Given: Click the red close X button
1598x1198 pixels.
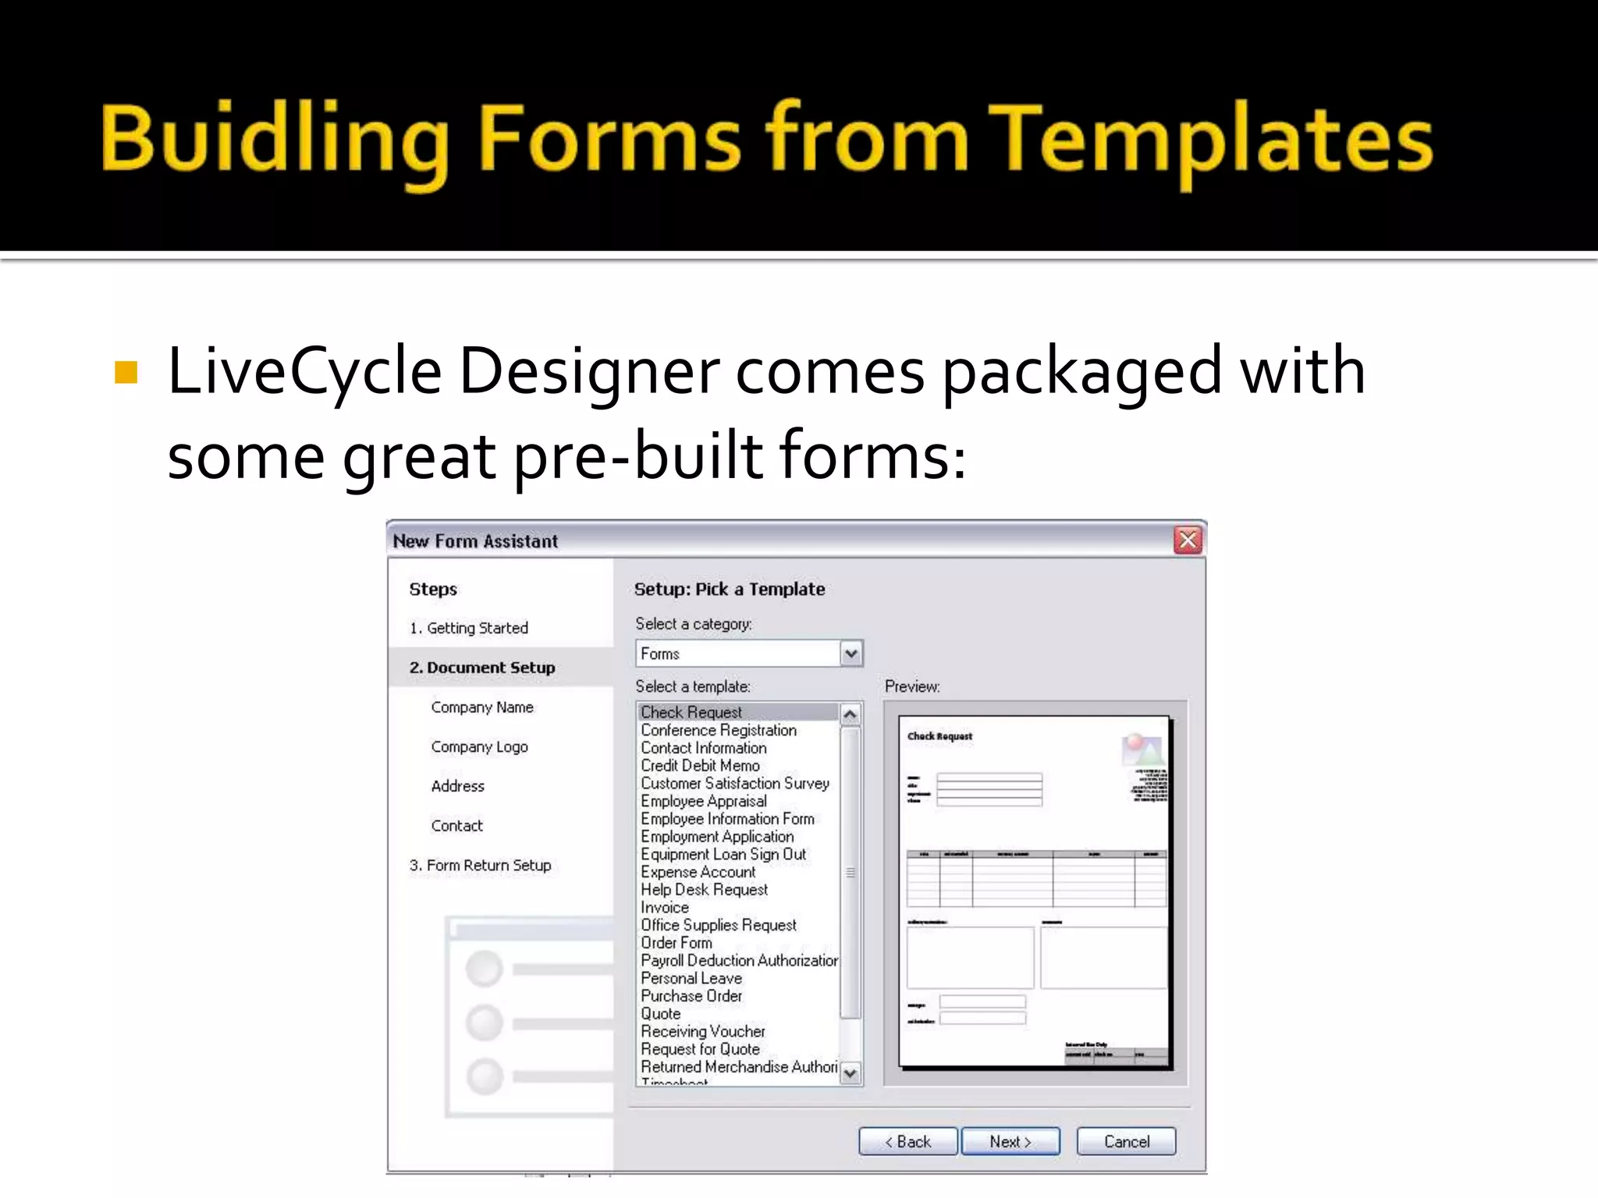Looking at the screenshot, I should click(x=1188, y=540).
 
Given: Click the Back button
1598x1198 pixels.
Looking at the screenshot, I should click(x=907, y=1142).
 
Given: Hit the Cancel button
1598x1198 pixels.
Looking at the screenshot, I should click(x=1126, y=1142).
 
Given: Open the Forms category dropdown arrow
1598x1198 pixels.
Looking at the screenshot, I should click(x=851, y=654).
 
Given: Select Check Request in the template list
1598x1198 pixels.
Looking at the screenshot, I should click(x=691, y=712).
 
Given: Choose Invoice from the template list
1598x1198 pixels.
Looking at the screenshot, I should click(x=665, y=907).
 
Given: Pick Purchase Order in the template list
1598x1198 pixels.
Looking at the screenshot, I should click(x=691, y=996).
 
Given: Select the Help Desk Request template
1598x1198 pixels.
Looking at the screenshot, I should click(x=704, y=890).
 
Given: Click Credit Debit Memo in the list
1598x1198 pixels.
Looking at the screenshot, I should click(x=700, y=766).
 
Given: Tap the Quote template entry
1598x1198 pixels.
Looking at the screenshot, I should click(x=661, y=1014).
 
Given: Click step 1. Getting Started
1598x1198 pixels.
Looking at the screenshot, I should click(x=469, y=628).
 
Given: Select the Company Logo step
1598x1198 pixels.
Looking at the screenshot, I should click(x=479, y=746).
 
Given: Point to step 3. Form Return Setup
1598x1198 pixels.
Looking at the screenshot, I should click(x=480, y=865).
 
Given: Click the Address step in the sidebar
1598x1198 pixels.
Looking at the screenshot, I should click(x=458, y=786).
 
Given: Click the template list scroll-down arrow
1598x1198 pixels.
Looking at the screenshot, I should click(x=850, y=1073).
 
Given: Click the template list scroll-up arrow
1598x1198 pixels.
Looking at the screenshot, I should click(x=850, y=714).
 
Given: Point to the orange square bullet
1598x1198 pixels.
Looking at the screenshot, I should click(x=126, y=373).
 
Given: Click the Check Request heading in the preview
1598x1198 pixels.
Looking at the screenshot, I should click(x=939, y=736).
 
